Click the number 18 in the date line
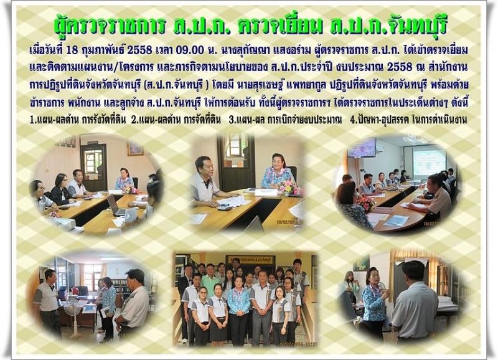point(73,50)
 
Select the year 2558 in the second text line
point(400,67)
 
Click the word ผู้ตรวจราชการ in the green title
point(110,26)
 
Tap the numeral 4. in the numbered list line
point(353,120)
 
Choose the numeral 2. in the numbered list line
point(134,120)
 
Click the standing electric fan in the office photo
point(73,315)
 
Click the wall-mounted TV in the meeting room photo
point(362,148)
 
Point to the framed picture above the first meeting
point(135,148)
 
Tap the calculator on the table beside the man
point(224,208)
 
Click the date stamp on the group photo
point(302,343)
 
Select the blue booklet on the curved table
point(397,220)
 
